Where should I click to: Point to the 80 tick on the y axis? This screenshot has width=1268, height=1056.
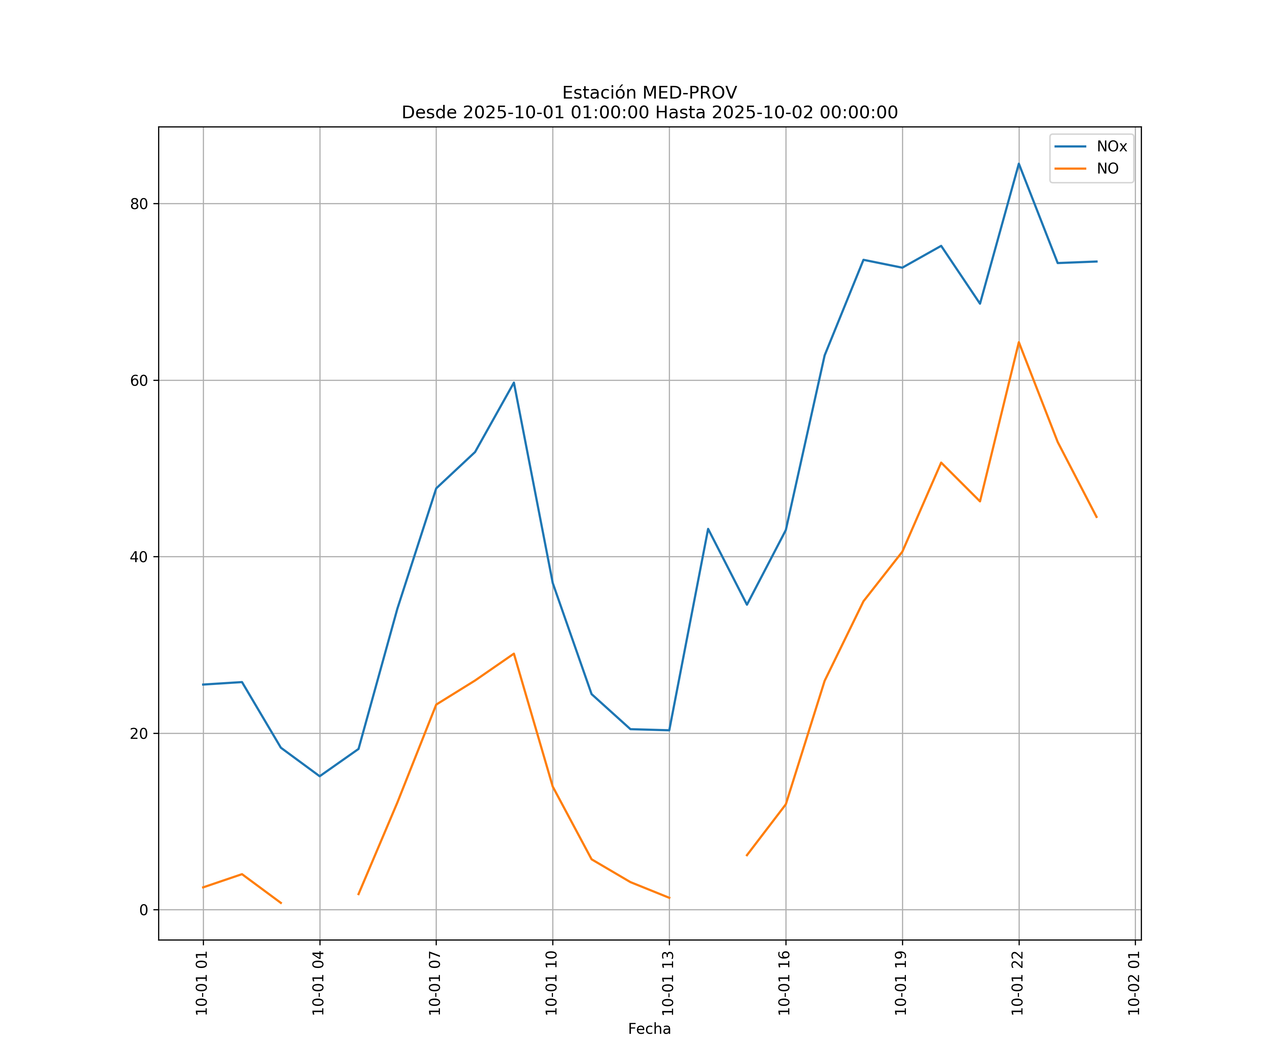[139, 204]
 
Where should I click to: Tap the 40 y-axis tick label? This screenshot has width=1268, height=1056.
[139, 557]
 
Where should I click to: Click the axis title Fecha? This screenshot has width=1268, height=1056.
[649, 1029]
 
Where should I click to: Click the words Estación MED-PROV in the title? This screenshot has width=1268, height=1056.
[649, 93]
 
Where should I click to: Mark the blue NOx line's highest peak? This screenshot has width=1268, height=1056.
[1019, 164]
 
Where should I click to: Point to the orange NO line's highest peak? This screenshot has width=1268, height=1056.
[1019, 342]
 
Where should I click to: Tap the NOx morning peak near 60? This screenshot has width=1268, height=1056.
[514, 383]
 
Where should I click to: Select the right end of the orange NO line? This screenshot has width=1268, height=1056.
[1096, 517]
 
